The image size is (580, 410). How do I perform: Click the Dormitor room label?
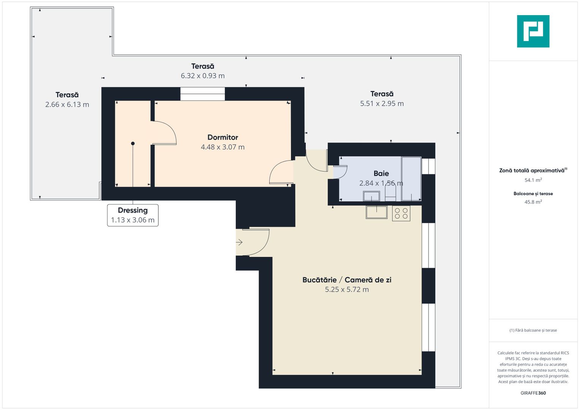[x=223, y=137]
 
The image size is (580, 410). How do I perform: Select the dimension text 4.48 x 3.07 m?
[x=223, y=147]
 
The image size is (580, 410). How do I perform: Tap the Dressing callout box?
[x=133, y=215]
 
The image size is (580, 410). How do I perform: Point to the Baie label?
[x=381, y=173]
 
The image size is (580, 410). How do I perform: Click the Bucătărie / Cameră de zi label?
[x=346, y=280]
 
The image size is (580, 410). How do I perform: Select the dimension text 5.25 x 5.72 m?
[x=346, y=289]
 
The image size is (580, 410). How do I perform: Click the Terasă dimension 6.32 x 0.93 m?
[x=202, y=76]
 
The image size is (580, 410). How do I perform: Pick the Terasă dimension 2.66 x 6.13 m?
[x=67, y=104]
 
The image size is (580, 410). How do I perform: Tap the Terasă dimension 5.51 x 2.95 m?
[x=382, y=103]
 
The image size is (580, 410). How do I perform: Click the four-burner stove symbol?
[x=401, y=213]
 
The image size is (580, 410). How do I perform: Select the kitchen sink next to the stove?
[x=376, y=212]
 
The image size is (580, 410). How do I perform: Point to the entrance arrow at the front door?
[x=239, y=242]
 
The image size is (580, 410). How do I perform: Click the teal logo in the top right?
[x=533, y=31]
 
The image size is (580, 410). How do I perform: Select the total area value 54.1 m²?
[x=533, y=180]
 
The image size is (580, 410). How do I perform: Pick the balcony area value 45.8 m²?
[x=533, y=202]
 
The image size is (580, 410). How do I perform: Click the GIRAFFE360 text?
[x=533, y=393]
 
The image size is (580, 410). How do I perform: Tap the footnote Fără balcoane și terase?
[x=533, y=330]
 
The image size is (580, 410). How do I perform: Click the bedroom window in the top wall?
[x=202, y=94]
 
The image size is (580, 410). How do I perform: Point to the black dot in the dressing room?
[x=133, y=143]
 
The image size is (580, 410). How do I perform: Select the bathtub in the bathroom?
[x=411, y=178]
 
